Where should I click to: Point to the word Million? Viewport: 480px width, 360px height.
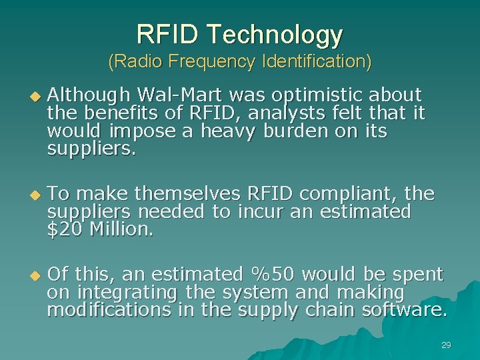pyautogui.click(x=121, y=229)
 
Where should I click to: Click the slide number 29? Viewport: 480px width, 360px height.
pyautogui.click(x=446, y=345)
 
